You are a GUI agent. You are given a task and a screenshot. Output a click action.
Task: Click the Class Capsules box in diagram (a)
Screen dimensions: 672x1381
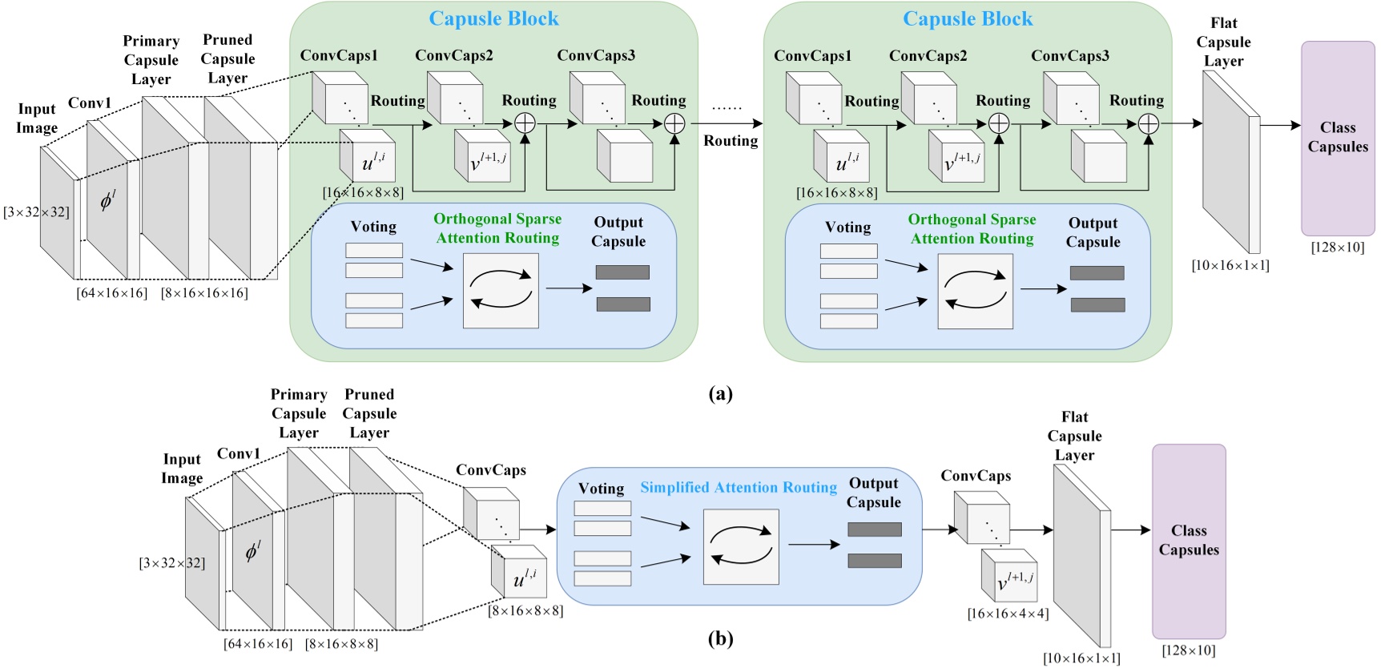coord(1338,138)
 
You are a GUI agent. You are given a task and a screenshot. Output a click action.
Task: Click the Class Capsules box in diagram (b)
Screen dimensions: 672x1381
coord(1189,541)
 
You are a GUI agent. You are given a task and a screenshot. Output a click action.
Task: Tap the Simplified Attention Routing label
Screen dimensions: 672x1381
coord(738,487)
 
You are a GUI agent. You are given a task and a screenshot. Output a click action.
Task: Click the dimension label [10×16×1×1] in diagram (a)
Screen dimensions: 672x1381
coord(1230,265)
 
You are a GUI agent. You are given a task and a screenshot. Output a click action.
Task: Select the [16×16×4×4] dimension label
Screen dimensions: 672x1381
coord(1008,614)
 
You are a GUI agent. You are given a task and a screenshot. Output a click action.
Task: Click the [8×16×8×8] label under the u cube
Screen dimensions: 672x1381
coord(525,610)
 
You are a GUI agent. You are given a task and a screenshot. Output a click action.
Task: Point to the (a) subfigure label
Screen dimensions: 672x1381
coord(720,393)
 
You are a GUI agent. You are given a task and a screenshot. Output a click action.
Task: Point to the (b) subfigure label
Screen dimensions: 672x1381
coord(720,638)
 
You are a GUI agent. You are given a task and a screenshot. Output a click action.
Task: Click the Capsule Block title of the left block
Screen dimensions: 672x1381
coord(493,18)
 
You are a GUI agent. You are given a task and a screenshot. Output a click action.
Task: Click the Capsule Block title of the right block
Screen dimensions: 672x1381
coord(968,18)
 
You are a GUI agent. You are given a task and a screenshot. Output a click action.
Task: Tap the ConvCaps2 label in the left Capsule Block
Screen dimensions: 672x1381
coord(453,55)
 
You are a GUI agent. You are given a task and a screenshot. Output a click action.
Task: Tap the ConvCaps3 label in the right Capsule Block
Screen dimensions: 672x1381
coord(1069,56)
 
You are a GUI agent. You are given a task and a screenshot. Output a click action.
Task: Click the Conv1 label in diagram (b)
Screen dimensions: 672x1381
coord(239,453)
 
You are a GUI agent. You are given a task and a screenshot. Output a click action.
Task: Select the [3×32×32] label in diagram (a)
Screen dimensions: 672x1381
coord(36,211)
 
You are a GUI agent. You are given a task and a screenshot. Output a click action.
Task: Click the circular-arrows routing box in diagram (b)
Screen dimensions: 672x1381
coord(740,547)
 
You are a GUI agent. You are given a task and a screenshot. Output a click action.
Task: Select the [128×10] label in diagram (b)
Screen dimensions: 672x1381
coord(1189,650)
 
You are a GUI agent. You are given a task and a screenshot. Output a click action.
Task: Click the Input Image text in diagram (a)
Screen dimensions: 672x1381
coord(37,119)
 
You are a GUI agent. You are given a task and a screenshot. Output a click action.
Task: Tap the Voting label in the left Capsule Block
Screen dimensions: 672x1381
coord(373,227)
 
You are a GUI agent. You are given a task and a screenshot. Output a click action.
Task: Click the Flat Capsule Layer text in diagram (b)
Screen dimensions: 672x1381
coord(1074,436)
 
